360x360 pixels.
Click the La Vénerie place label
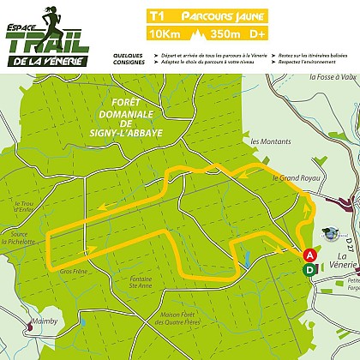pos(347,261)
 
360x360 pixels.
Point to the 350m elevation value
pos(225,35)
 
